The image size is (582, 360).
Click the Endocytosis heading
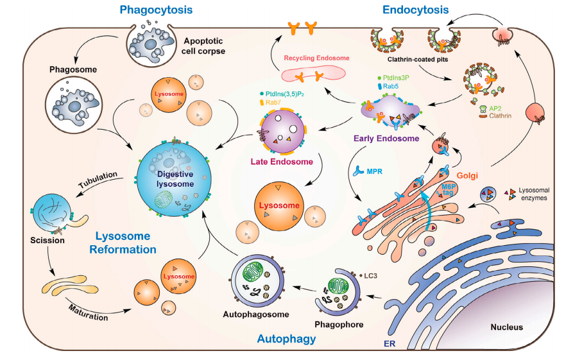[x=415, y=10]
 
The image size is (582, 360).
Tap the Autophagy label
[x=287, y=338]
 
